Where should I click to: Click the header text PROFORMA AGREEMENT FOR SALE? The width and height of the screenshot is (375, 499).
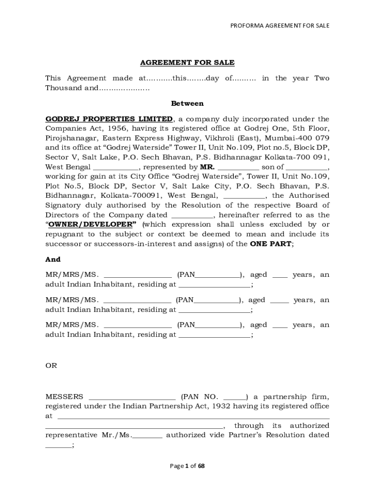280,25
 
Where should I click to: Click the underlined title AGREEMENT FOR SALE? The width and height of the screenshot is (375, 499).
187,63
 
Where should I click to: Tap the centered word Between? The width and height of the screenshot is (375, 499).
187,103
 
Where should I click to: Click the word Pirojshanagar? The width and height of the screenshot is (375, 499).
70,138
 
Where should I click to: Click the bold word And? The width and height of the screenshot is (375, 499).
53,260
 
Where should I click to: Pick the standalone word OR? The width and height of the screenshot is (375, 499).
51,365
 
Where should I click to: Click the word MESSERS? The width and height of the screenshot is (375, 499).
64,397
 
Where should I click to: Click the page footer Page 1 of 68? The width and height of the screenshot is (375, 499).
187,466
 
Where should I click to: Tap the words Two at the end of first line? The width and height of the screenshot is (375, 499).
322,78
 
